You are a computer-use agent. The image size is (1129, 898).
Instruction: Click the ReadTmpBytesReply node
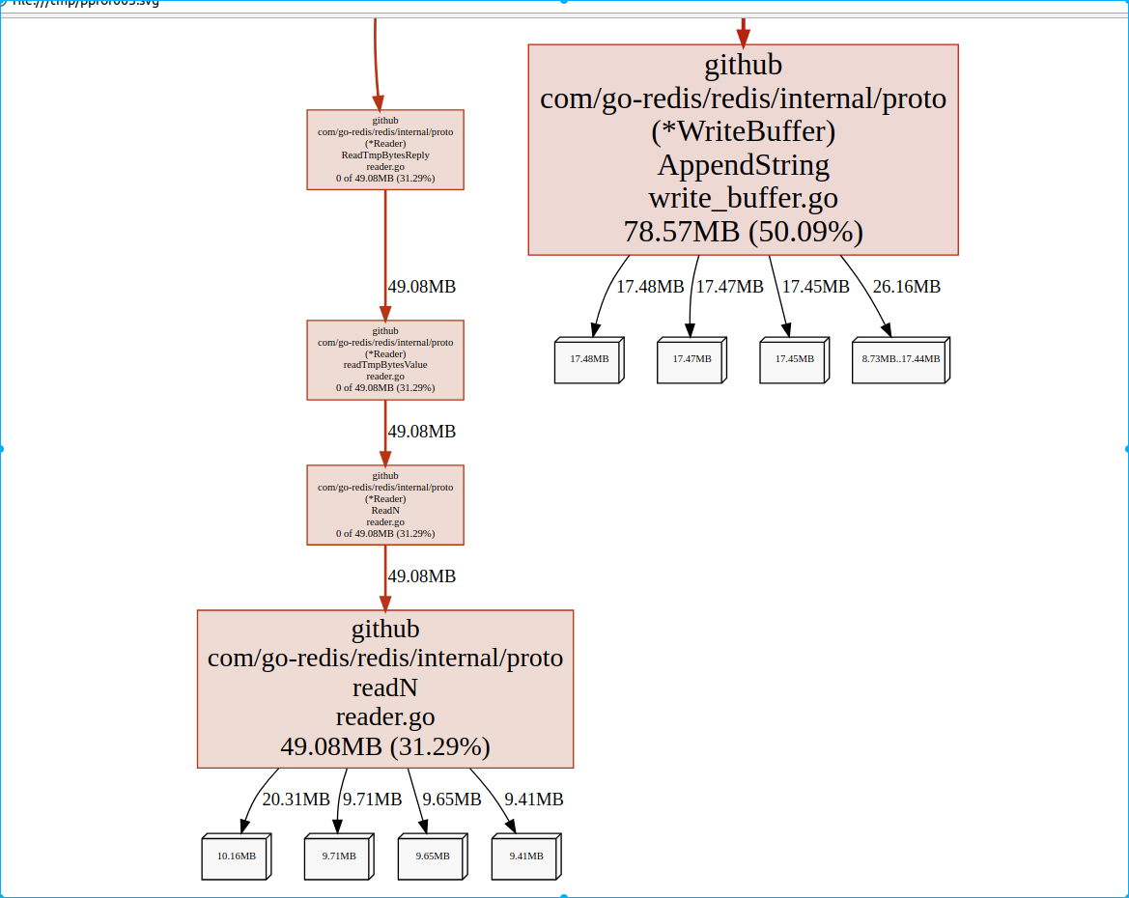click(x=385, y=150)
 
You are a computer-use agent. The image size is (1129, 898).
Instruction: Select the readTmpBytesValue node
click(x=385, y=359)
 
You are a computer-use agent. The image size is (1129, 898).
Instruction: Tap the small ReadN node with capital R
click(x=385, y=504)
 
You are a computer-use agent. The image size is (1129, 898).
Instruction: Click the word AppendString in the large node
click(x=743, y=165)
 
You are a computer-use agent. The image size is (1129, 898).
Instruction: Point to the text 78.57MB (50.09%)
click(x=743, y=232)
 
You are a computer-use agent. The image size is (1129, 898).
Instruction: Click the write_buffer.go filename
click(x=743, y=199)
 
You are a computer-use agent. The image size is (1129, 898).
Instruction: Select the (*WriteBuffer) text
click(x=743, y=131)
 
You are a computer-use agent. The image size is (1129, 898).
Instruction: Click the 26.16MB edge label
click(x=906, y=287)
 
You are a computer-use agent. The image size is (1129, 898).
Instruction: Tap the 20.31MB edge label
click(x=296, y=800)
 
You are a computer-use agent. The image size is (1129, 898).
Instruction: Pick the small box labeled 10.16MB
click(x=236, y=856)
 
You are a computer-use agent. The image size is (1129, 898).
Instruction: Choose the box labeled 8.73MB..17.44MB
click(x=900, y=359)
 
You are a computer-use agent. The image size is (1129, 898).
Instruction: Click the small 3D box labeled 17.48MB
click(x=589, y=359)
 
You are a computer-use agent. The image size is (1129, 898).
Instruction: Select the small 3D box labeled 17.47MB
click(x=692, y=359)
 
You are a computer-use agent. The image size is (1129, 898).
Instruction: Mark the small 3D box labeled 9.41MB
click(x=525, y=856)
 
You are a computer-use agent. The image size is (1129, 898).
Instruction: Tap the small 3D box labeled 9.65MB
click(x=432, y=856)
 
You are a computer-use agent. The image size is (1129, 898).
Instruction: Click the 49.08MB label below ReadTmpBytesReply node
click(x=421, y=287)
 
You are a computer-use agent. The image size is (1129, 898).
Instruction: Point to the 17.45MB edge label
click(x=815, y=287)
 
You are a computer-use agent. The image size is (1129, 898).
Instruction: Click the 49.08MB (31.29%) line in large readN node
click(x=385, y=747)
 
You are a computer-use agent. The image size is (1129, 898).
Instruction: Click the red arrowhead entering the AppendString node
click(x=743, y=38)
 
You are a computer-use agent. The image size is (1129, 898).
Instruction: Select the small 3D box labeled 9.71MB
click(x=338, y=856)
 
